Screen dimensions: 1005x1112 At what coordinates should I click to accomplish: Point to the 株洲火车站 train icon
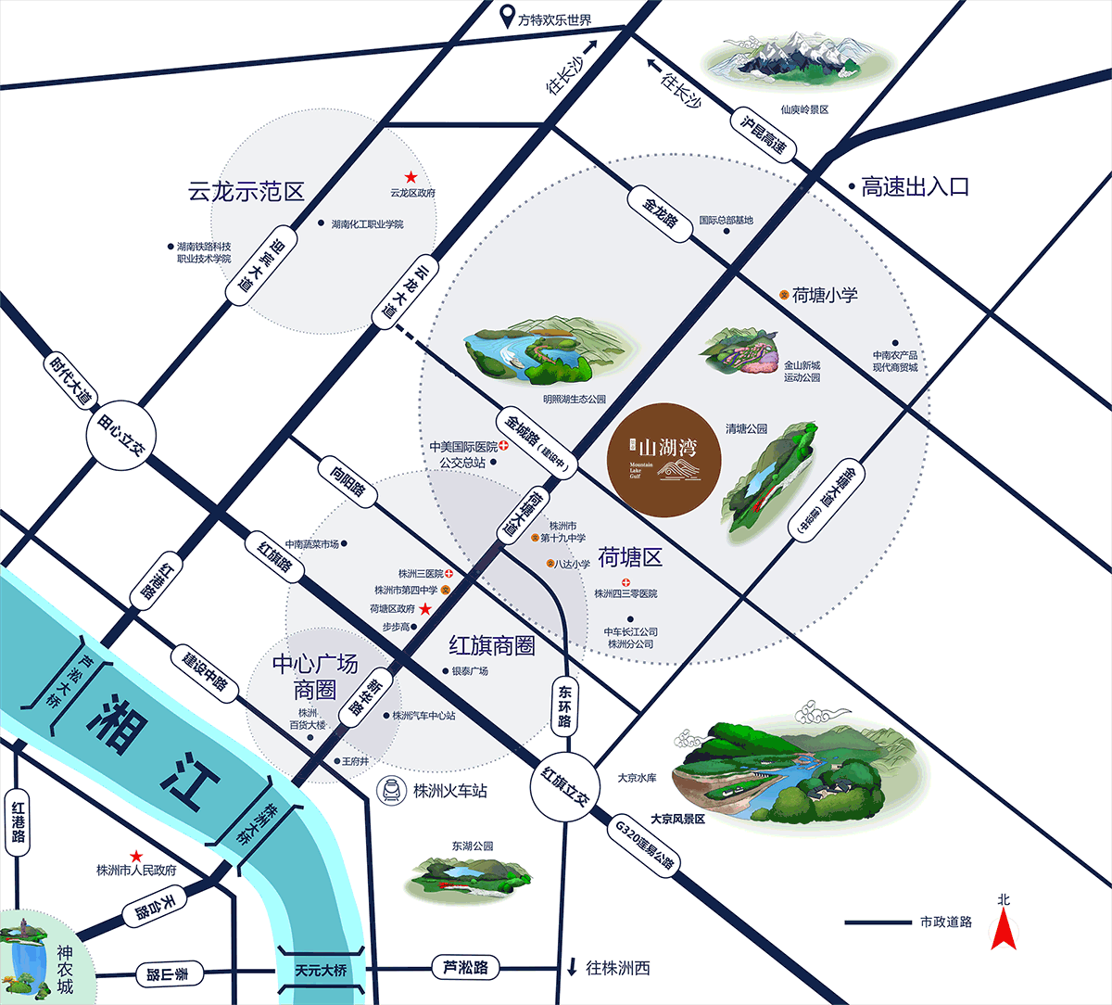392,791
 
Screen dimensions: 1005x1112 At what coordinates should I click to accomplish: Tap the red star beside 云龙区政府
411,177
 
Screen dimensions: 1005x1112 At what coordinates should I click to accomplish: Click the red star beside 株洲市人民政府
136,856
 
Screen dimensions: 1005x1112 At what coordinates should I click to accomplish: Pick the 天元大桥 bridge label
321,971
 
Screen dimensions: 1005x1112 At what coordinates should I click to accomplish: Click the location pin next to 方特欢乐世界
507,17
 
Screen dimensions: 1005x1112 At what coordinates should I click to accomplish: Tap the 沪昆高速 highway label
763,134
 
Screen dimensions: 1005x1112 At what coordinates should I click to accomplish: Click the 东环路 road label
564,706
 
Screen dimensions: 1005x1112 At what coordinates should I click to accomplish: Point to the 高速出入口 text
915,186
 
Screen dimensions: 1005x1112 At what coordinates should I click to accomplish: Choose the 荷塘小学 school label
824,295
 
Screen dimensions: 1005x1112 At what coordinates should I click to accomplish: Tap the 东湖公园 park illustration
471,876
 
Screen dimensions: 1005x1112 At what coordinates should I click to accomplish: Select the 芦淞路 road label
465,968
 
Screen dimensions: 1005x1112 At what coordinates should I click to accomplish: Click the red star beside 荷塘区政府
425,609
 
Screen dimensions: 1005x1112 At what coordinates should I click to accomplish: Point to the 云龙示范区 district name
246,192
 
